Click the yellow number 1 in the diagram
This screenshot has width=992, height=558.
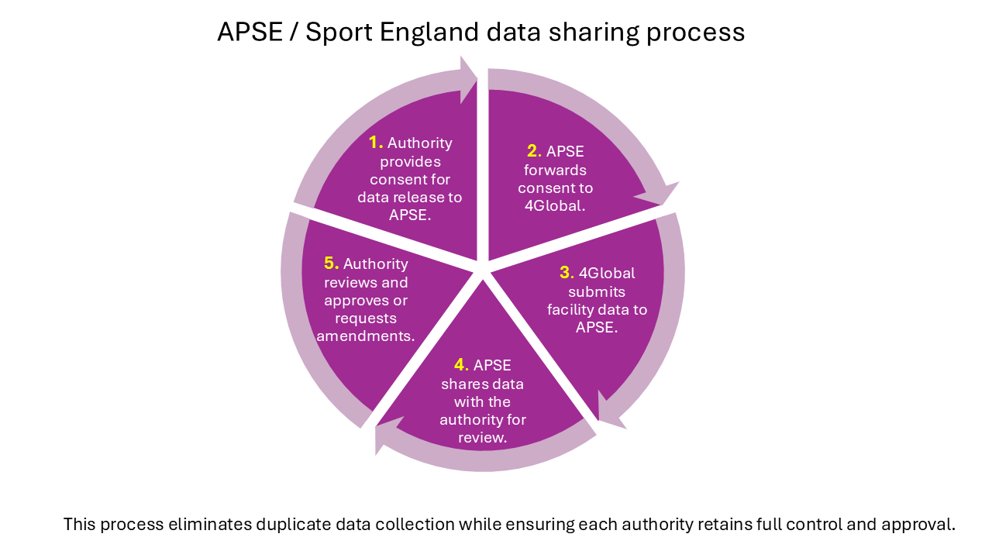375,143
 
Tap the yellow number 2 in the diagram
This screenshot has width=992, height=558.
532,151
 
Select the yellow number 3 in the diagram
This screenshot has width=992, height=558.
566,273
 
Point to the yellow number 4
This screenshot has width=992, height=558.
460,365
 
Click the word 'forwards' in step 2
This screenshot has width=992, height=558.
555,170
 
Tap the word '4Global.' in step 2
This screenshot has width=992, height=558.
555,206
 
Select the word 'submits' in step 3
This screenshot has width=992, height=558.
597,292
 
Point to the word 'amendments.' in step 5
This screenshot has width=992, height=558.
366,336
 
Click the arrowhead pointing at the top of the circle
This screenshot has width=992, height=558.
468,78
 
